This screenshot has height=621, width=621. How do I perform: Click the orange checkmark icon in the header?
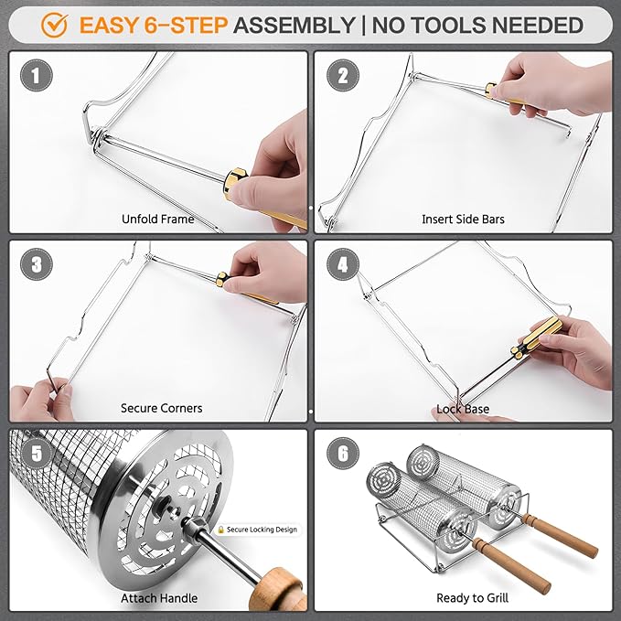[x=54, y=25]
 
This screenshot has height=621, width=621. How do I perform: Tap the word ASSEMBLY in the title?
[x=294, y=26]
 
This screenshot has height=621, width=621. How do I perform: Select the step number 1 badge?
[x=36, y=75]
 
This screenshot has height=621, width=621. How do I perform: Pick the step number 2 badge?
[x=343, y=75]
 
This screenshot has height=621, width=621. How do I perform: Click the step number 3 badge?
[x=36, y=264]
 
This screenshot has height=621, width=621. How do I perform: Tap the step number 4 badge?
[x=343, y=264]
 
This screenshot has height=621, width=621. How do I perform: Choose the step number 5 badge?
[x=36, y=454]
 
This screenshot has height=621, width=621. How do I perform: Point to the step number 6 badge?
[x=343, y=454]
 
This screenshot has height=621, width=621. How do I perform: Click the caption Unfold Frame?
[x=157, y=219]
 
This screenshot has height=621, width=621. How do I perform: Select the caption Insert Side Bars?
[x=463, y=219]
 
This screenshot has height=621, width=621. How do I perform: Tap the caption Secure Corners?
[x=161, y=408]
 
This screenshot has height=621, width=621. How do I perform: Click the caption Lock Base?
[x=463, y=409]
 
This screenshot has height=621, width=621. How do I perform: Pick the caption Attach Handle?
[x=159, y=598]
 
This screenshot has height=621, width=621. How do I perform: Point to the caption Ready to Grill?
[x=472, y=598]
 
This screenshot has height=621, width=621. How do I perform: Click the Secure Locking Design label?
[x=257, y=530]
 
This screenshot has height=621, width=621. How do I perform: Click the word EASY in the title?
[x=108, y=26]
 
